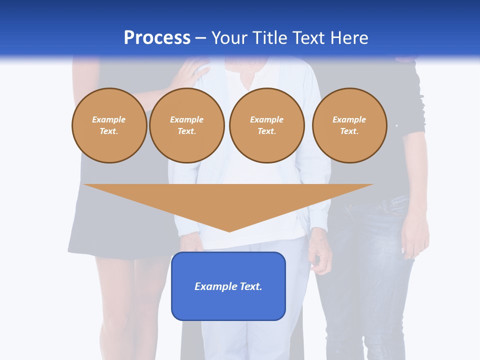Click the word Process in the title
click(157, 38)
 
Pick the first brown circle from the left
click(109, 125)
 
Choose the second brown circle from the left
click(186, 125)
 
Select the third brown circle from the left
click(266, 125)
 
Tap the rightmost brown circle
click(349, 125)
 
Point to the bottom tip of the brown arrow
click(229, 230)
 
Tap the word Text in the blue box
click(251, 286)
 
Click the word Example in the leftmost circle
click(109, 119)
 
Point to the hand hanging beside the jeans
click(415, 240)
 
